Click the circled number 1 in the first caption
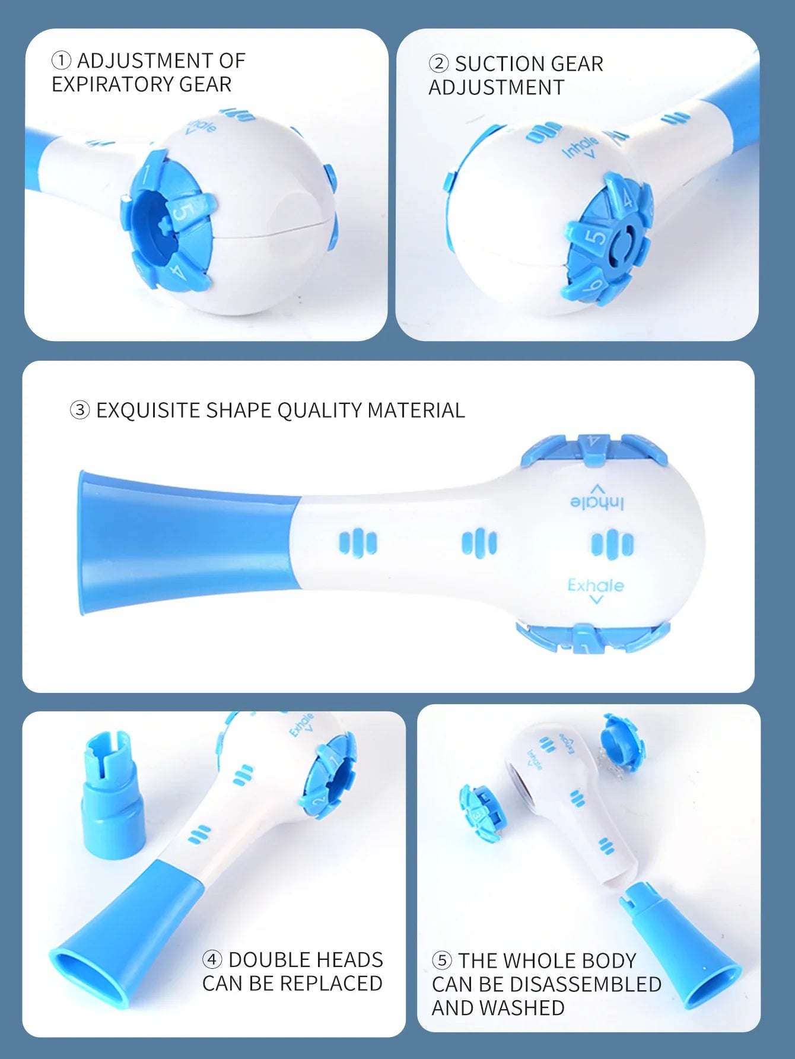point(61,61)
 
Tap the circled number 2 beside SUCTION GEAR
point(438,63)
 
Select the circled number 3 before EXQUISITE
point(80,410)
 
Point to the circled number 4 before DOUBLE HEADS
point(212,959)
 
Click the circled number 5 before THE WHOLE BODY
point(441,960)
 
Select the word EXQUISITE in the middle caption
point(148,410)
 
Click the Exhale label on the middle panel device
point(595,586)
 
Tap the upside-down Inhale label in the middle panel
point(597,503)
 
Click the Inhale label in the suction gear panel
point(580,146)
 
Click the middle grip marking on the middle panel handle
point(479,543)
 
